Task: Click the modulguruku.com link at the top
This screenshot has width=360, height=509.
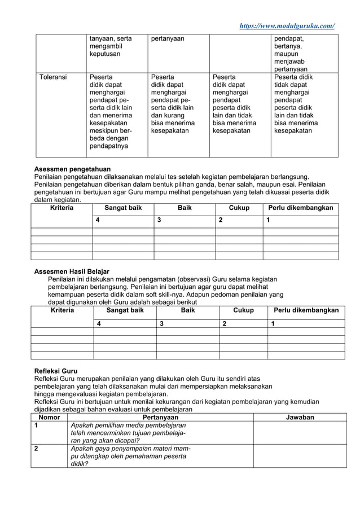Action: coord(287,26)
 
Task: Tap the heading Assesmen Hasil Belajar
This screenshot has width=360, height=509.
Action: coord(72,271)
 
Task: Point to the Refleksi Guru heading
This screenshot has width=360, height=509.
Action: coord(56,371)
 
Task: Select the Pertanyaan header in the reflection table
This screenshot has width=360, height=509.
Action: coord(160,417)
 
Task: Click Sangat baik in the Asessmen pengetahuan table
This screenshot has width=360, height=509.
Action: coord(123,208)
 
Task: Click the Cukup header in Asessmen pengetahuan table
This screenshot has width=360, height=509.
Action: coord(239,208)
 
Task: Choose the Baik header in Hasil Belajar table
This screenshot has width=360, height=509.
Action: coord(188,310)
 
